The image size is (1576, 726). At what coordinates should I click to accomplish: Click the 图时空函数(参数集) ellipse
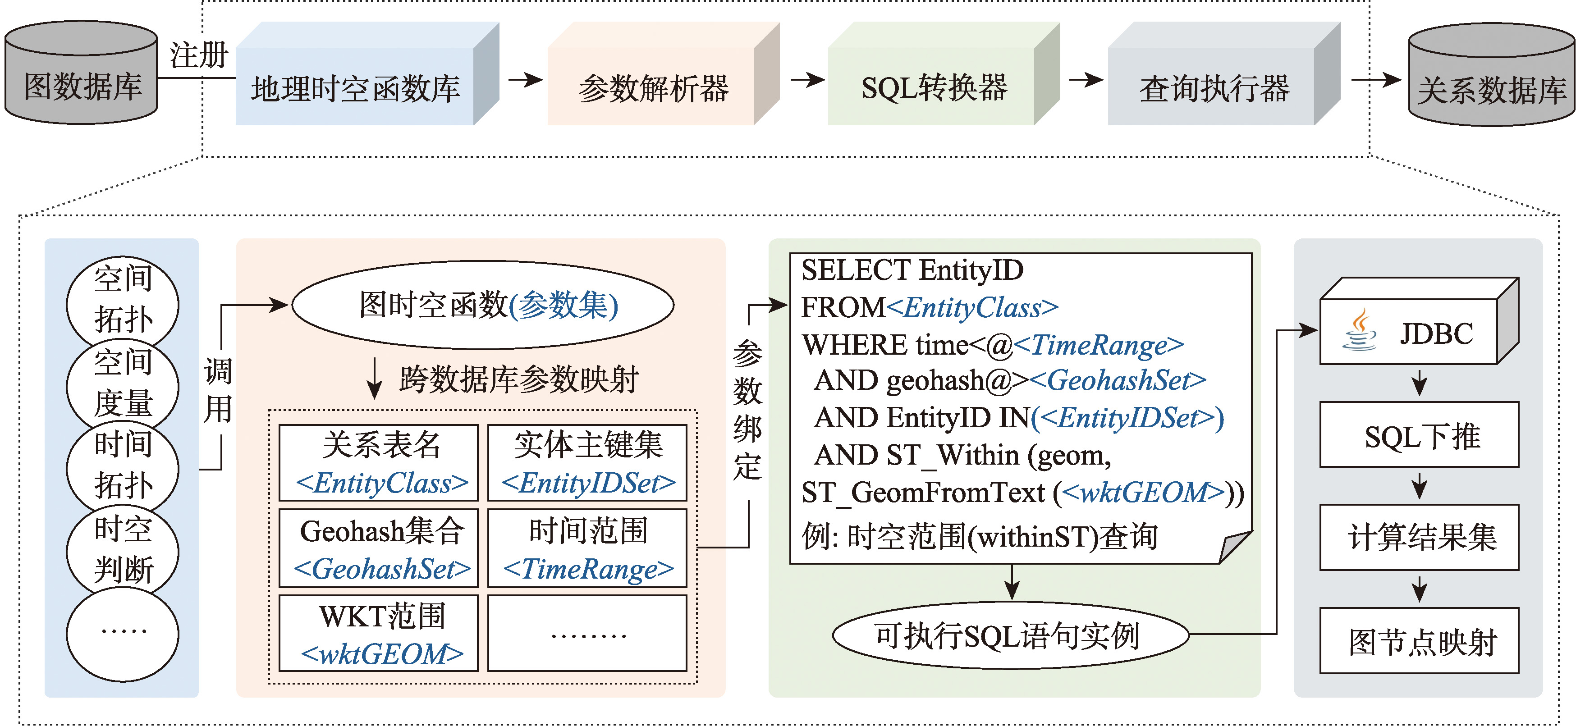pyautogui.click(x=483, y=305)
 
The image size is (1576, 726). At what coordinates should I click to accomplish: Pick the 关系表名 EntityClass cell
pyautogui.click(x=379, y=462)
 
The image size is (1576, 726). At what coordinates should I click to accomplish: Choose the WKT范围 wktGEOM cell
pyautogui.click(x=379, y=634)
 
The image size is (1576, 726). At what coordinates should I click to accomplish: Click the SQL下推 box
pyautogui.click(x=1420, y=435)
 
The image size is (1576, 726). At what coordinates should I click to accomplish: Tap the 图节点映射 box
pyautogui.click(x=1420, y=641)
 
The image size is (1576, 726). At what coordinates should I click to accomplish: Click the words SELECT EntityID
pyautogui.click(x=912, y=270)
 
